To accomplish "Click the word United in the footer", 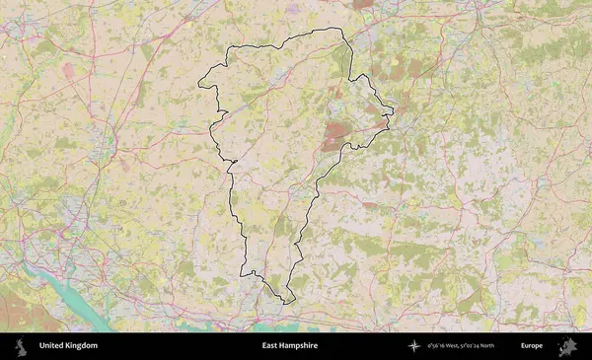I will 53,346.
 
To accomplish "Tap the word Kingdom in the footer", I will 82,346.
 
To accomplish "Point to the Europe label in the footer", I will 532,346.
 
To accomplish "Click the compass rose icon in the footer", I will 415,346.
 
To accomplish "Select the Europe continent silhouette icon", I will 566,346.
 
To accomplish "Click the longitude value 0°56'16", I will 436,346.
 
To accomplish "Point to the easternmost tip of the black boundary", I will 394,110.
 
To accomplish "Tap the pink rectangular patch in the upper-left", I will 68,71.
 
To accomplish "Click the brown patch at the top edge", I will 363,4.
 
